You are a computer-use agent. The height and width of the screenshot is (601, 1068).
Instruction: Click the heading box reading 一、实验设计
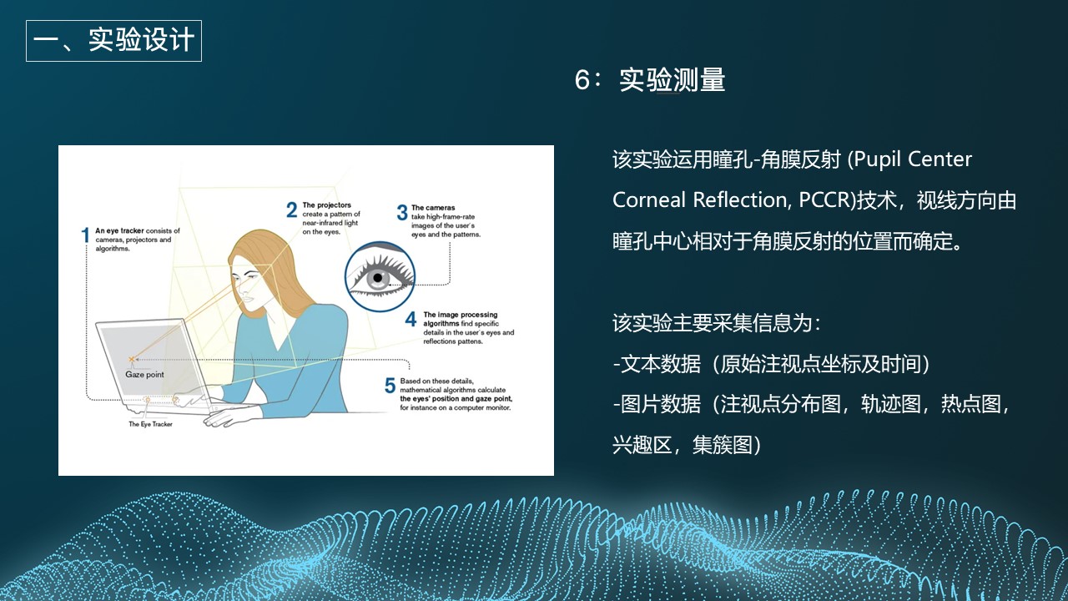(x=113, y=40)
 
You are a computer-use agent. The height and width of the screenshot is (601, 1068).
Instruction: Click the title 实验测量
(x=672, y=80)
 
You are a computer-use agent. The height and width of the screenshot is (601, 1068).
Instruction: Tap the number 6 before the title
(x=582, y=81)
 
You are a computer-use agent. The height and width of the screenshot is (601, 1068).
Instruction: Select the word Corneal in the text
(x=648, y=200)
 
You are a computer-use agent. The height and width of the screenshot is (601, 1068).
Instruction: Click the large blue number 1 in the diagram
(x=85, y=235)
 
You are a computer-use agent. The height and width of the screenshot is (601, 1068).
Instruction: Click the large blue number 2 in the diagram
(x=291, y=210)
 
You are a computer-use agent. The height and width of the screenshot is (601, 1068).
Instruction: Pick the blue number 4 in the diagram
(x=411, y=320)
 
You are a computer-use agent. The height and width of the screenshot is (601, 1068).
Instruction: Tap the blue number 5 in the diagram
(x=390, y=386)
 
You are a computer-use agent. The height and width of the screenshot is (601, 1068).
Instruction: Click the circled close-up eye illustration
(x=380, y=276)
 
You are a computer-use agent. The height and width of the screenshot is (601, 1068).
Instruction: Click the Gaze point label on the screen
(x=144, y=375)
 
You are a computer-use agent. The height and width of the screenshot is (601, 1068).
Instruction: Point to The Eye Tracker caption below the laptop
(x=150, y=424)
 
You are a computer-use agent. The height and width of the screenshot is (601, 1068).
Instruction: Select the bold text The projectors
(x=326, y=205)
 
